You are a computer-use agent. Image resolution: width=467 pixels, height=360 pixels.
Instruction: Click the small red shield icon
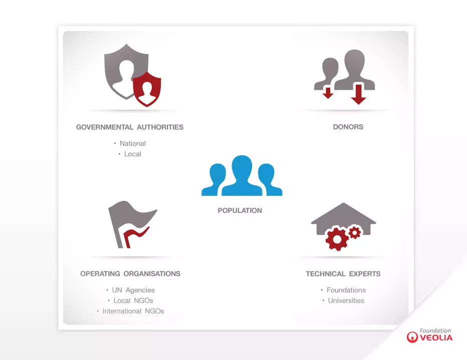coord(147,89)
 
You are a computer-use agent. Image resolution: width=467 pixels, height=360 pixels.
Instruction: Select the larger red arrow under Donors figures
coord(359,94)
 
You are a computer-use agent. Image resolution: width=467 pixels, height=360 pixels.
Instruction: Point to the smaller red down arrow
coord(328,93)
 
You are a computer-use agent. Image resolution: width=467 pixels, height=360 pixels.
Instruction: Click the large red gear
coord(337,239)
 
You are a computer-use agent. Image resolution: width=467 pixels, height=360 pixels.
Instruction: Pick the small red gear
coord(355,232)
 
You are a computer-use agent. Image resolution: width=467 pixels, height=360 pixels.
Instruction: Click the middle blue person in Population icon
coord(242,176)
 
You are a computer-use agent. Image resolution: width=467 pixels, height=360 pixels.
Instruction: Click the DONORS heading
coord(348,127)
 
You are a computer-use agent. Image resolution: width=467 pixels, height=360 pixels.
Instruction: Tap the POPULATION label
coord(240,211)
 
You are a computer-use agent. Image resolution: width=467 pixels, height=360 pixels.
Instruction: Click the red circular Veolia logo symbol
coord(412,337)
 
